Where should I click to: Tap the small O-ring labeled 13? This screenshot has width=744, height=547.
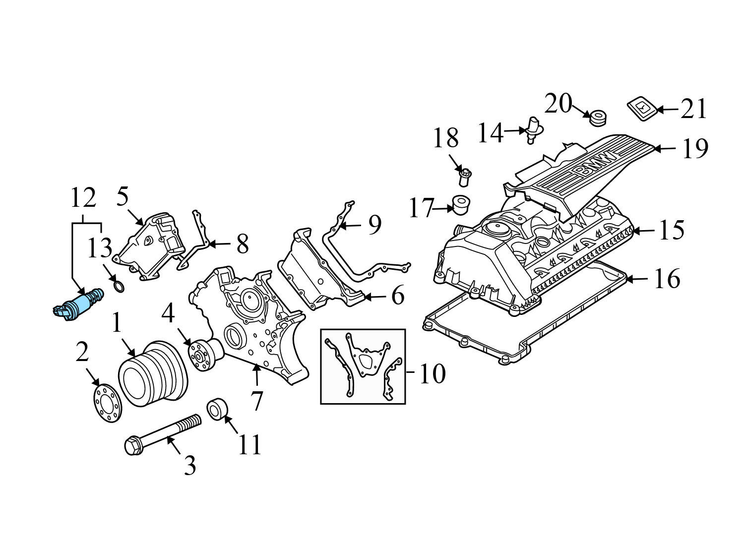[119, 287]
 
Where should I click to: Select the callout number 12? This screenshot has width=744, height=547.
[83, 198]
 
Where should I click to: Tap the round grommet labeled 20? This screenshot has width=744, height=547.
[597, 118]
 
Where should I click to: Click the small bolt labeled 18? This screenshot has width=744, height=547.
[465, 177]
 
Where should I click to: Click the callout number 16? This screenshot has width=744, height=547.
[667, 279]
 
